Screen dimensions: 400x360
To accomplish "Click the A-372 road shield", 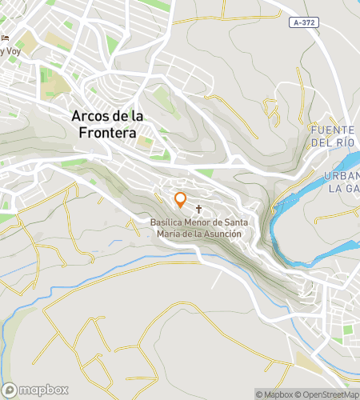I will click(x=305, y=22).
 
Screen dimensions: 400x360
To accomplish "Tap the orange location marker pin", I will click(x=180, y=199).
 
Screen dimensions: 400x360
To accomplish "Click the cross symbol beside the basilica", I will click(x=198, y=208).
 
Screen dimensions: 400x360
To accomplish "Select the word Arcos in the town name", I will click(x=91, y=117).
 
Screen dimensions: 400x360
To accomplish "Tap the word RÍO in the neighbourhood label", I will click(x=344, y=142).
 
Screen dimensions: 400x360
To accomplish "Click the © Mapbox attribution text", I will click(x=274, y=394).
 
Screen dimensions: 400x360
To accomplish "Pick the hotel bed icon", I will click(x=6, y=38).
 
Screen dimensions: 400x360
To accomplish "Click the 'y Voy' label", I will click(x=10, y=51).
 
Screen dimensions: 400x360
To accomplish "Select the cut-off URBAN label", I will click(x=342, y=176).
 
